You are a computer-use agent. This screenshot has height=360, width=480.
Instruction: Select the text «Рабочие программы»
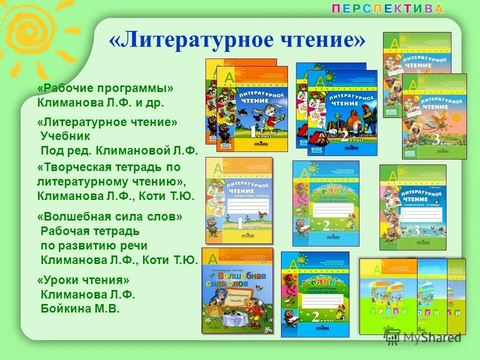coord(106,88)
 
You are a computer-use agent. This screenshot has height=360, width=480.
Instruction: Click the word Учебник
coord(65,135)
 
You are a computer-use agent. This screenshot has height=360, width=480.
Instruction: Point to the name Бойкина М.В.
coord(80,308)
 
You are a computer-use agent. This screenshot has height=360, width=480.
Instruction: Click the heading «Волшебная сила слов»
coord(110,217)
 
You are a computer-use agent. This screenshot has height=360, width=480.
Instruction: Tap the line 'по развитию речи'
coord(94,245)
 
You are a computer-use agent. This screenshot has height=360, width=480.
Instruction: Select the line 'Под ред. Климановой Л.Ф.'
coord(120,149)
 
